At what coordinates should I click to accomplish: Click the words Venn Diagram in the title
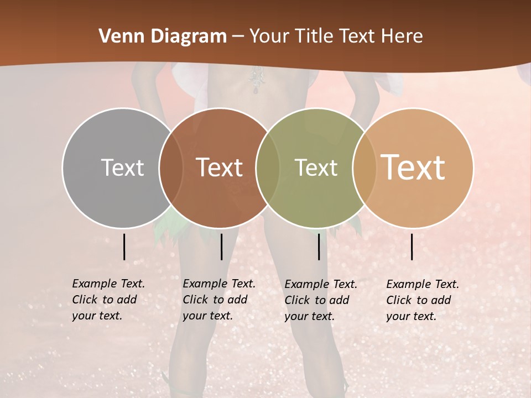pyautogui.click(x=163, y=36)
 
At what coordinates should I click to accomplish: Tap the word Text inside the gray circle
pyautogui.click(x=123, y=167)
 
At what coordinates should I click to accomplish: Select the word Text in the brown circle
pyautogui.click(x=220, y=167)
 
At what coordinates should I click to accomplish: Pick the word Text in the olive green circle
pyautogui.click(x=316, y=167)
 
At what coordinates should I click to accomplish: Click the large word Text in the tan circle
pyautogui.click(x=413, y=167)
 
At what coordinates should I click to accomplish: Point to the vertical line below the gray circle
pyautogui.click(x=124, y=247)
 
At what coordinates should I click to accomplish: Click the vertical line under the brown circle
pyautogui.click(x=221, y=247)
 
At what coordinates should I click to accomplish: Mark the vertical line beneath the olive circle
pyautogui.click(x=319, y=247)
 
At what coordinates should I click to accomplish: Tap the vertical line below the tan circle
pyautogui.click(x=412, y=247)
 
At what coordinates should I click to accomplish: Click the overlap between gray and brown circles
pyautogui.click(x=171, y=167)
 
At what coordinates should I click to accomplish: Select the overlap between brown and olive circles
pyautogui.click(x=268, y=167)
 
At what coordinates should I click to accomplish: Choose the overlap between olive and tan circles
pyautogui.click(x=363, y=167)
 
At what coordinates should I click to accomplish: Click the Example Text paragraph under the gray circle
pyautogui.click(x=108, y=300)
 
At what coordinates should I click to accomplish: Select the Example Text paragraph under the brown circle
pyautogui.click(x=219, y=300)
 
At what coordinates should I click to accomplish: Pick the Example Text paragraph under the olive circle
pyautogui.click(x=321, y=300)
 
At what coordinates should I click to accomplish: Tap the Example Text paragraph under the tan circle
pyautogui.click(x=423, y=300)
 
